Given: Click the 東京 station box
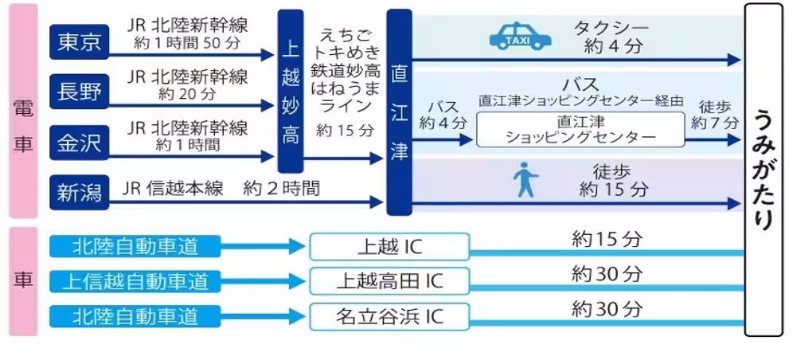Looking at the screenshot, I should (x=80, y=42).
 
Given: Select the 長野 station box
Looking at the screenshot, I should (x=80, y=92).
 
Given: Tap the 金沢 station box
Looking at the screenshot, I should (x=80, y=143).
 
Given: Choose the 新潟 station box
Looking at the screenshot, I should (x=80, y=191).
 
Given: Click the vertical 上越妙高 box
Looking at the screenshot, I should (x=291, y=91).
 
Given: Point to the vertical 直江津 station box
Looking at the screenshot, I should (x=399, y=112).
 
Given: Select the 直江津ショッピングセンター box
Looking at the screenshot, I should (x=580, y=129).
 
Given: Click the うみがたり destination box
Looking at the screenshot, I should (x=763, y=169).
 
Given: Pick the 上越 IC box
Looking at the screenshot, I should (x=389, y=246).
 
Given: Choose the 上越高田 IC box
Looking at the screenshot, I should (x=389, y=281).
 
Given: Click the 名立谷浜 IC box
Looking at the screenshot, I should (x=389, y=316).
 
